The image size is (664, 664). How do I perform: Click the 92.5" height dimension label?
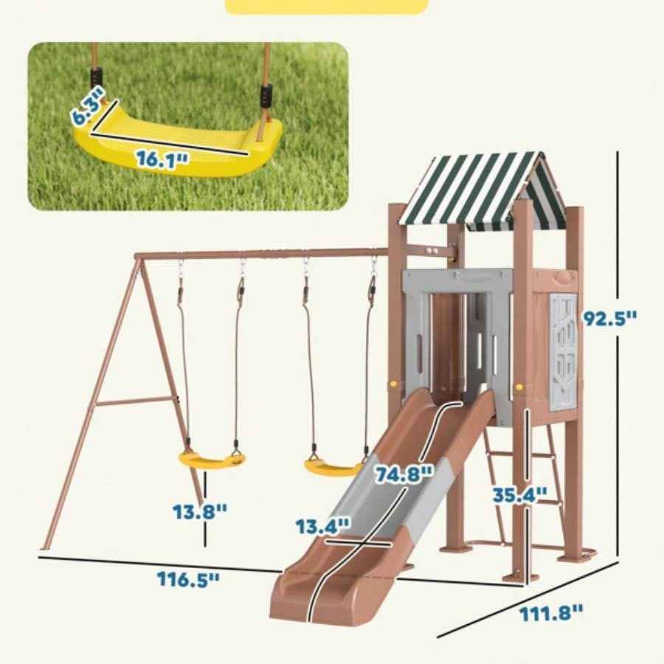pyautogui.click(x=610, y=319)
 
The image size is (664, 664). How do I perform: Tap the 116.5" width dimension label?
pyautogui.click(x=188, y=578)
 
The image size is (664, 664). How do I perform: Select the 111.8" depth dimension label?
pyautogui.click(x=551, y=611)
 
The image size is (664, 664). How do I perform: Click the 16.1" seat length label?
pyautogui.click(x=162, y=159)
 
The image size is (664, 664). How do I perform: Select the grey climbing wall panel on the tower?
pyautogui.click(x=564, y=350)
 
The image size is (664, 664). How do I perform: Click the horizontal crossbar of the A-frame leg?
pyautogui.click(x=136, y=402)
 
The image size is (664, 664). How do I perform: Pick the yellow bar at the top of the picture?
pyautogui.click(x=326, y=7)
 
